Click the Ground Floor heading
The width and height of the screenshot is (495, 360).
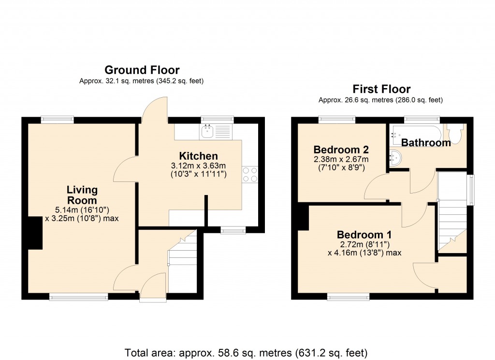pos(142,70)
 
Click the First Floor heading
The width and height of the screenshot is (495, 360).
pos(381,89)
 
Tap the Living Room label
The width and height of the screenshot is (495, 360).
pos(82,195)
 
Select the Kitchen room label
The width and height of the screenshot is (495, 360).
pos(198,156)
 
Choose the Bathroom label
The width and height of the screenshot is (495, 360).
pos(426,143)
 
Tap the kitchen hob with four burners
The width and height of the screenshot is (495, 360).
pos(250,174)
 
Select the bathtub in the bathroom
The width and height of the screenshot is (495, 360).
pos(415,131)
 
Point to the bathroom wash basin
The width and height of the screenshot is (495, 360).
pos(396,157)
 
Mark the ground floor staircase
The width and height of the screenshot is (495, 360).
pos(183,264)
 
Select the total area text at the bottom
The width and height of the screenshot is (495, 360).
pos(246,352)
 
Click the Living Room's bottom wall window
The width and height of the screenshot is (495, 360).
pos(79,296)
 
